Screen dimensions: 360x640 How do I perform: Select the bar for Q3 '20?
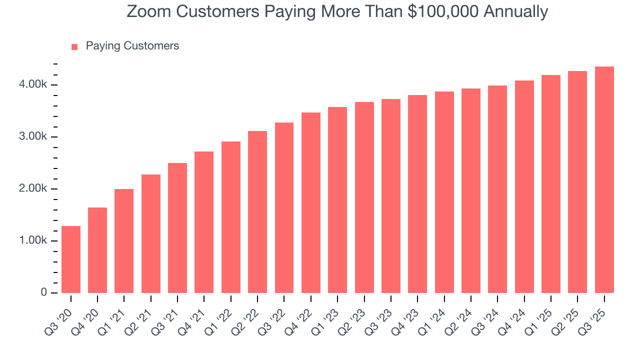(71, 259)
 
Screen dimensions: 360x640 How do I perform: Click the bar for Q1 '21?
(124, 241)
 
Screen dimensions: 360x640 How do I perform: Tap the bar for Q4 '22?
(311, 202)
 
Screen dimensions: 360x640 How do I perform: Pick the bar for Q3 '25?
(604, 179)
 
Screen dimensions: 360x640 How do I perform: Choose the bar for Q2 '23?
(364, 197)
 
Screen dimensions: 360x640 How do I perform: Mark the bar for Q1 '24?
(444, 192)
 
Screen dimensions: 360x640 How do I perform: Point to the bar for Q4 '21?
(204, 222)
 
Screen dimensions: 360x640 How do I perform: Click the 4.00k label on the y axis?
(34, 85)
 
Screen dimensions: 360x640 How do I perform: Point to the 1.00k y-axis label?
(34, 241)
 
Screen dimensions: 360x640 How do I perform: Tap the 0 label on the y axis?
(44, 293)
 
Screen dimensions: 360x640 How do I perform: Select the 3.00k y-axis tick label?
(34, 137)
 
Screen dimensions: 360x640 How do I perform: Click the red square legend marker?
(74, 47)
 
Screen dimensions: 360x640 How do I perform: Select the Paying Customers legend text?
(132, 46)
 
